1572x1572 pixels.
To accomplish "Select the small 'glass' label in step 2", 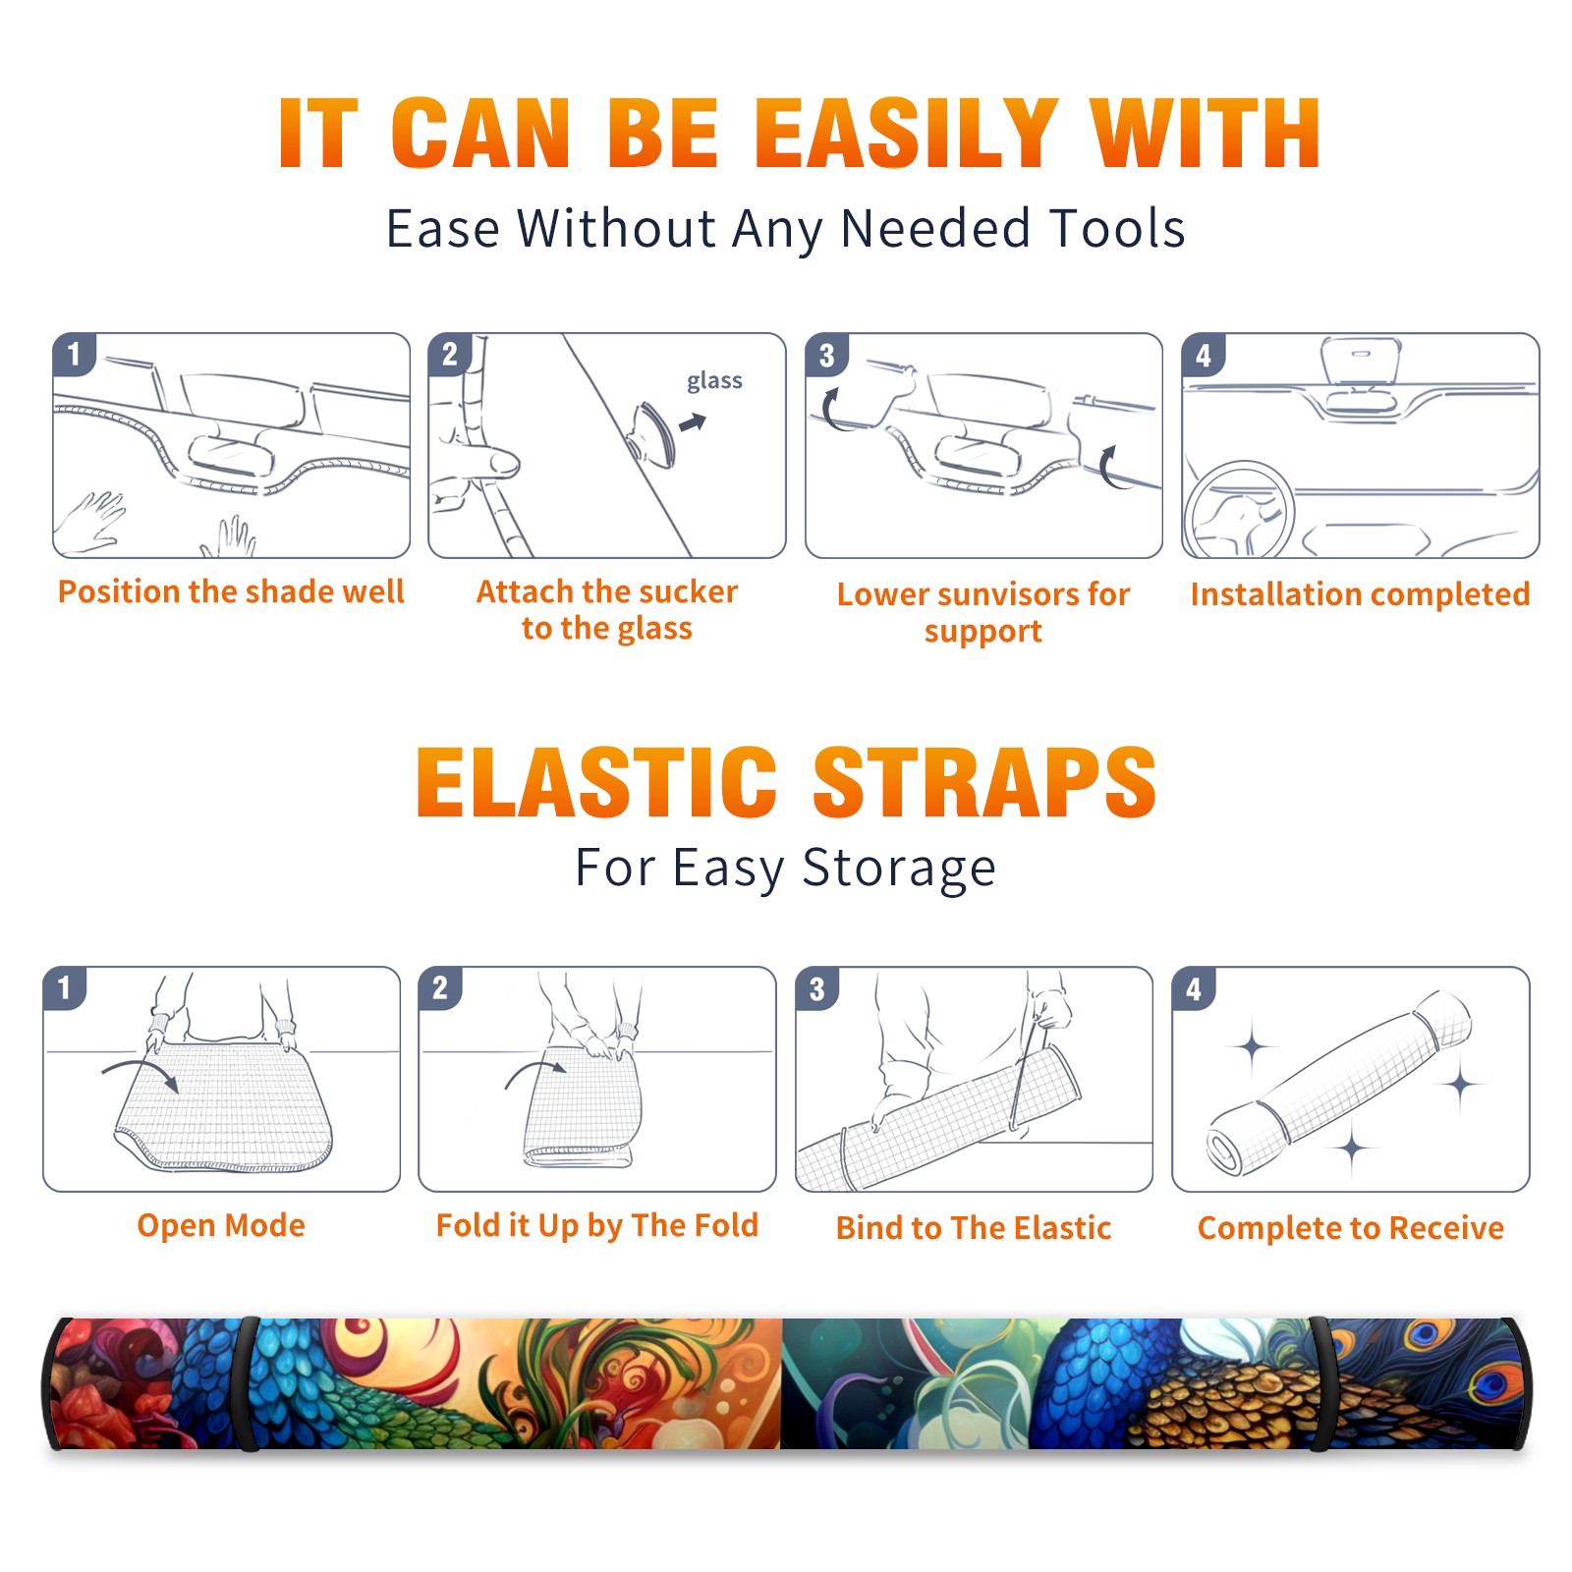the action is pos(714,381).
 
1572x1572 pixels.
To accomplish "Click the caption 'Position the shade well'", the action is pos(231,591).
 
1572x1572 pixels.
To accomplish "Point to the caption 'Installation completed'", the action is pos(1360,594).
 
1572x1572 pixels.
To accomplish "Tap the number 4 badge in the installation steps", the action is pos(1204,356).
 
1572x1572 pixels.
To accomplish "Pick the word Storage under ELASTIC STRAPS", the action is pos(899,869).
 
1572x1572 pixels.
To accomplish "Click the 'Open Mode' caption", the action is pos(221,1225).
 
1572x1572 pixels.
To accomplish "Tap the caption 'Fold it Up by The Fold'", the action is pos(597,1225).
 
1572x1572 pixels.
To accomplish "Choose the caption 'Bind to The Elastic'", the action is pos(974,1228).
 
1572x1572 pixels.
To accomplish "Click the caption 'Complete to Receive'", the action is pos(1351,1228).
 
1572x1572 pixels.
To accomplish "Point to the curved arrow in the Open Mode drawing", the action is pos(140,1065).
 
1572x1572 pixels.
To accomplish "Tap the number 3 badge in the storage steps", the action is pos(817,989).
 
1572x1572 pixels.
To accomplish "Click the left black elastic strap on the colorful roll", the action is pos(247,1383).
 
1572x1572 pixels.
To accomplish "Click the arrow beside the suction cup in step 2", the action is pos(694,422).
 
